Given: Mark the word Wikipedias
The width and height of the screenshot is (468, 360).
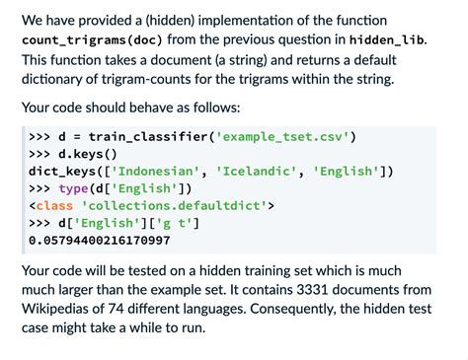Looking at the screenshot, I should point(60,311).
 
